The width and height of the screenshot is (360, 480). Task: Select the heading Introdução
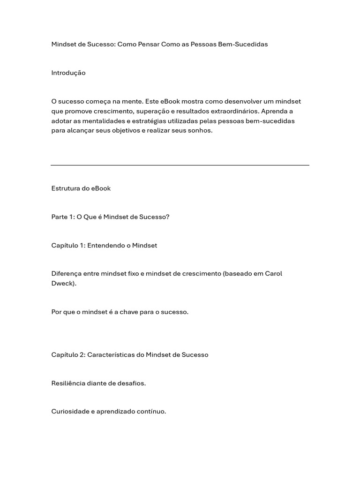point(68,73)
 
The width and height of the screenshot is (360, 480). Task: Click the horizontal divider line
point(180,165)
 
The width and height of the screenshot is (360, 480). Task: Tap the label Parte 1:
point(63,217)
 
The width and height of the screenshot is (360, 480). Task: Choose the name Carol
point(274,274)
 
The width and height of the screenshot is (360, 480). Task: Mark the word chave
point(129,312)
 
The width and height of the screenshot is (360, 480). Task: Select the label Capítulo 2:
point(68,355)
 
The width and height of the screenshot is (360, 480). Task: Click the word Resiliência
point(68,383)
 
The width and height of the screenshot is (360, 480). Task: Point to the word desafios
point(131,383)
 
